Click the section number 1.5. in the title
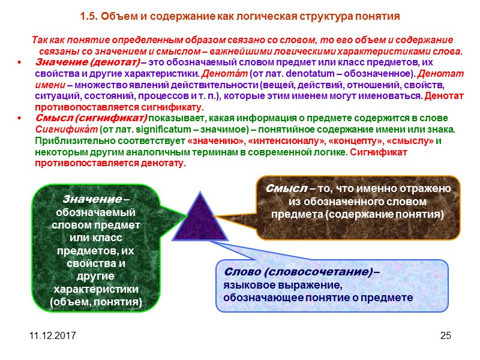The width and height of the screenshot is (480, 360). tap(91, 14)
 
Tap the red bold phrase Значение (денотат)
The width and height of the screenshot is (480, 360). tap(88, 62)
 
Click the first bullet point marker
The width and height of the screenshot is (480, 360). tap(21, 63)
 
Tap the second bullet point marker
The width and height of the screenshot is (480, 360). tap(21, 118)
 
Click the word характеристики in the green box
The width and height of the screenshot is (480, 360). tap(95, 289)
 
